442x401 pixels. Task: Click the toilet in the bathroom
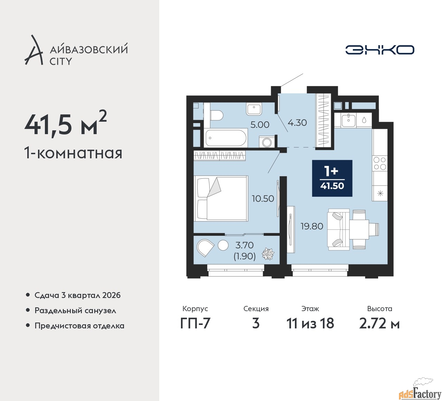point(217,115)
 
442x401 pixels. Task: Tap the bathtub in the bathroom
point(225,138)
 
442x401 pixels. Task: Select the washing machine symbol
point(266,142)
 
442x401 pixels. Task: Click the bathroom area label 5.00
point(260,125)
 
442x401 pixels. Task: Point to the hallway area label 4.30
point(297,123)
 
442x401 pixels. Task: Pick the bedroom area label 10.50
point(263,198)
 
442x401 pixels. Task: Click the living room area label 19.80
point(312,226)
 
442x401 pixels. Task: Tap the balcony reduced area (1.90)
point(244,256)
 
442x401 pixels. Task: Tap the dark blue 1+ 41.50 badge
point(332,178)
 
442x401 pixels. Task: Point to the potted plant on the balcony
point(268,254)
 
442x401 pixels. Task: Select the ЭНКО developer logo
point(379,50)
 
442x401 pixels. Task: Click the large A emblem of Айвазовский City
point(33,50)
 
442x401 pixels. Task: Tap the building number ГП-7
point(195,324)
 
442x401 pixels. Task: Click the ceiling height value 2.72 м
point(379,324)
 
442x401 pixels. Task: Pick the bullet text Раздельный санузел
point(75,310)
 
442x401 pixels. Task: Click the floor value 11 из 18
point(310,324)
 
